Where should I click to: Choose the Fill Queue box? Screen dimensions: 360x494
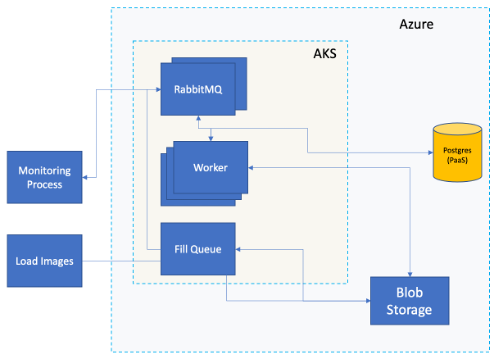click(198, 248)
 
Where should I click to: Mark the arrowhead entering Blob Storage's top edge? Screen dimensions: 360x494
click(410, 271)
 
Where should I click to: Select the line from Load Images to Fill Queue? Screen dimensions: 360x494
click(120, 261)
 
